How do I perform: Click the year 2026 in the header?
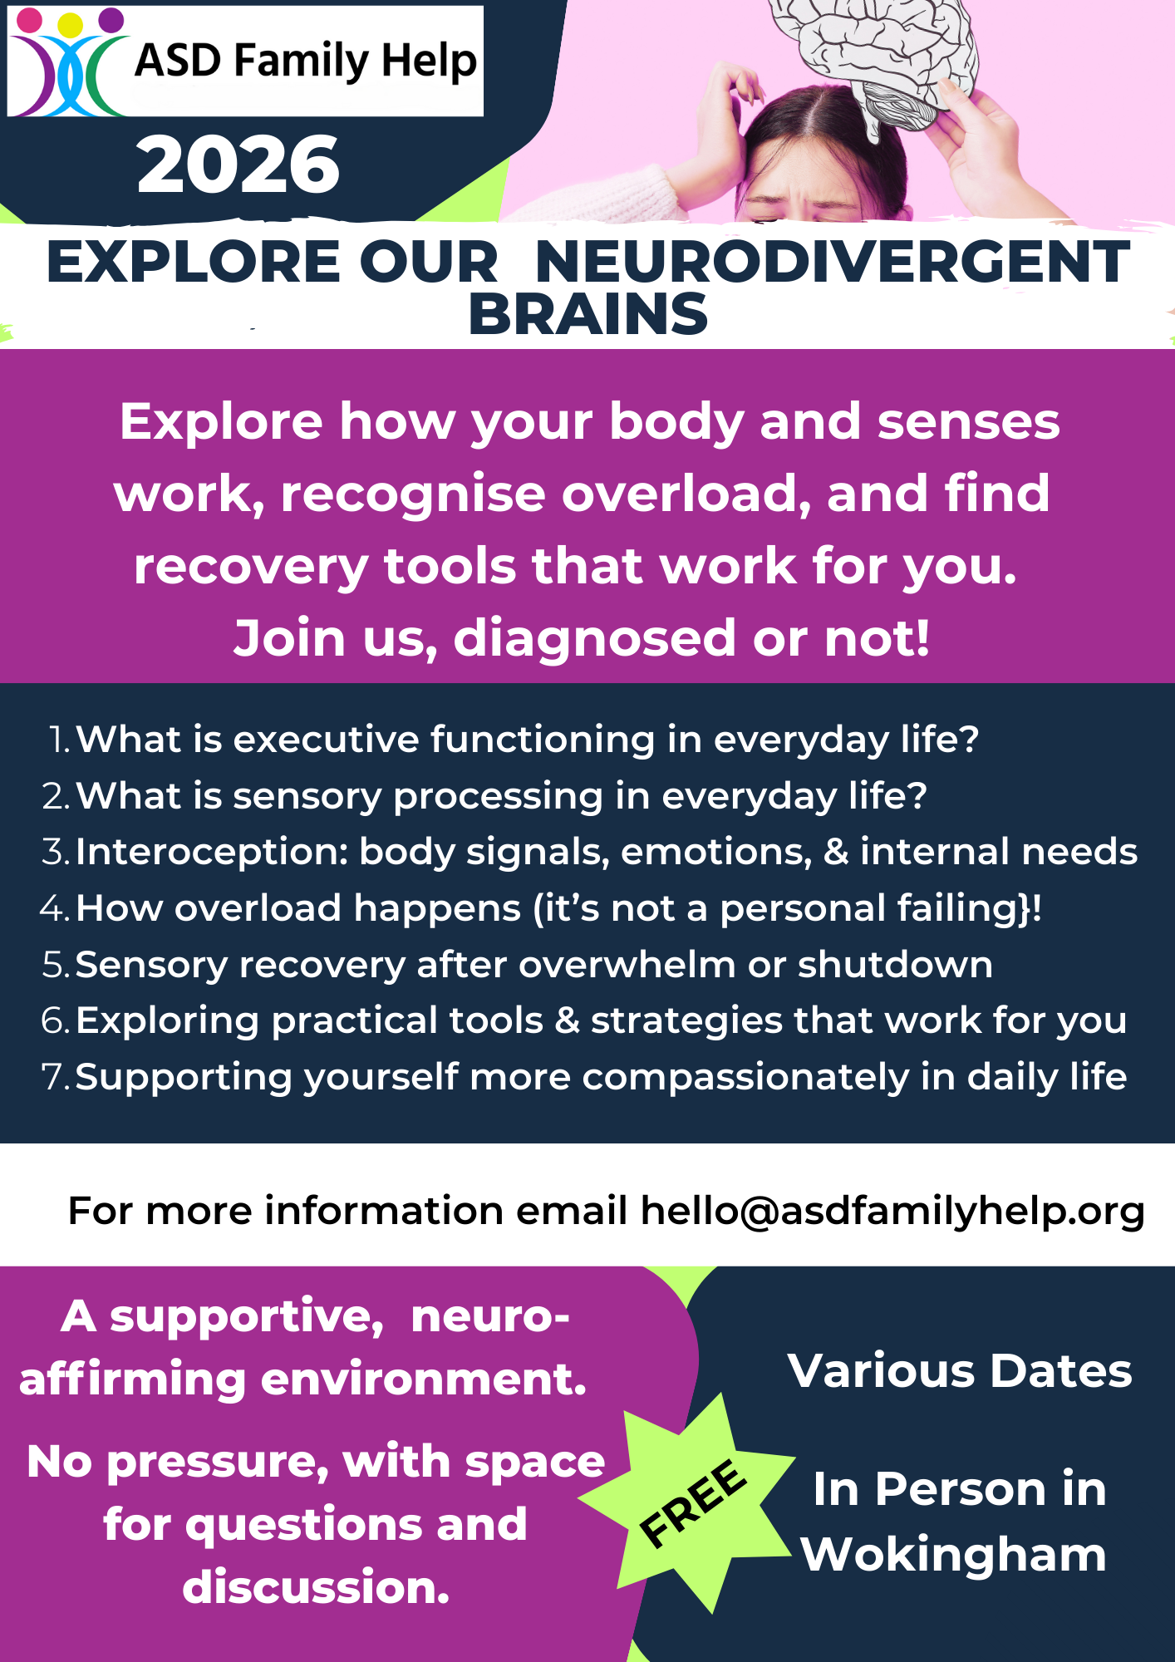[238, 165]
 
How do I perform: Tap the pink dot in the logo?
[29, 21]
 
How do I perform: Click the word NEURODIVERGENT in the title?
[832, 263]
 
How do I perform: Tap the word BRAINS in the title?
[587, 315]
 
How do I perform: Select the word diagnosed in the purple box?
[595, 638]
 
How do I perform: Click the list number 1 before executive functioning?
[59, 740]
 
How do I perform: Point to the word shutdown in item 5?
[895, 965]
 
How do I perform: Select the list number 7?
[55, 1077]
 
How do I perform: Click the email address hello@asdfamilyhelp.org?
[892, 1211]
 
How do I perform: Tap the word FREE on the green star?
[692, 1504]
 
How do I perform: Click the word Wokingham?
[953, 1554]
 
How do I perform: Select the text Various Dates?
[960, 1370]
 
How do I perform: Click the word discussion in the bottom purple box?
[316, 1587]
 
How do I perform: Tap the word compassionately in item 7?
[745, 1077]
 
